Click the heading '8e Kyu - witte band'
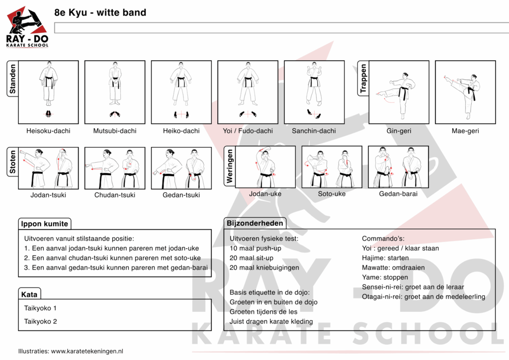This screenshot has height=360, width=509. tap(100, 12)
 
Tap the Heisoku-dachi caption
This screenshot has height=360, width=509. tap(48, 131)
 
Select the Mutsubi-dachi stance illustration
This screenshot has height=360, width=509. tap(115, 92)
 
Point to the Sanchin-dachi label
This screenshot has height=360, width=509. tap(314, 131)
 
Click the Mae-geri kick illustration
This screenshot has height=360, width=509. tap(465, 92)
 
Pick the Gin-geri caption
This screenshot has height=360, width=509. tap(399, 131)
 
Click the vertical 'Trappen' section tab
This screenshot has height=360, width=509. tap(363, 79)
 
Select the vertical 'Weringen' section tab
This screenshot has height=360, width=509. tap(230, 167)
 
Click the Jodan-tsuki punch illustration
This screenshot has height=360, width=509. tap(48, 168)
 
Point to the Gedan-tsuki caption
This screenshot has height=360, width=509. tap(181, 195)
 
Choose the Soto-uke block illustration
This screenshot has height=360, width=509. tap(332, 167)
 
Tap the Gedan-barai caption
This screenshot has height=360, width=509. tap(398, 193)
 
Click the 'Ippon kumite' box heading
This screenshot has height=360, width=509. tap(45, 224)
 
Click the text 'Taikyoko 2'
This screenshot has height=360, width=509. tap(41, 321)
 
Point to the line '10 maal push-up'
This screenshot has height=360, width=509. tap(255, 248)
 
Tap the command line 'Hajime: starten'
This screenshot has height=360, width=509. tap(385, 258)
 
